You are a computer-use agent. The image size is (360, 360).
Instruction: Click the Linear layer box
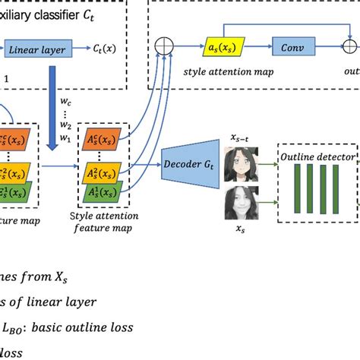coord(37,51)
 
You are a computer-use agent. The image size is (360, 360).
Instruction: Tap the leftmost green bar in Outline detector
coord(298,190)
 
